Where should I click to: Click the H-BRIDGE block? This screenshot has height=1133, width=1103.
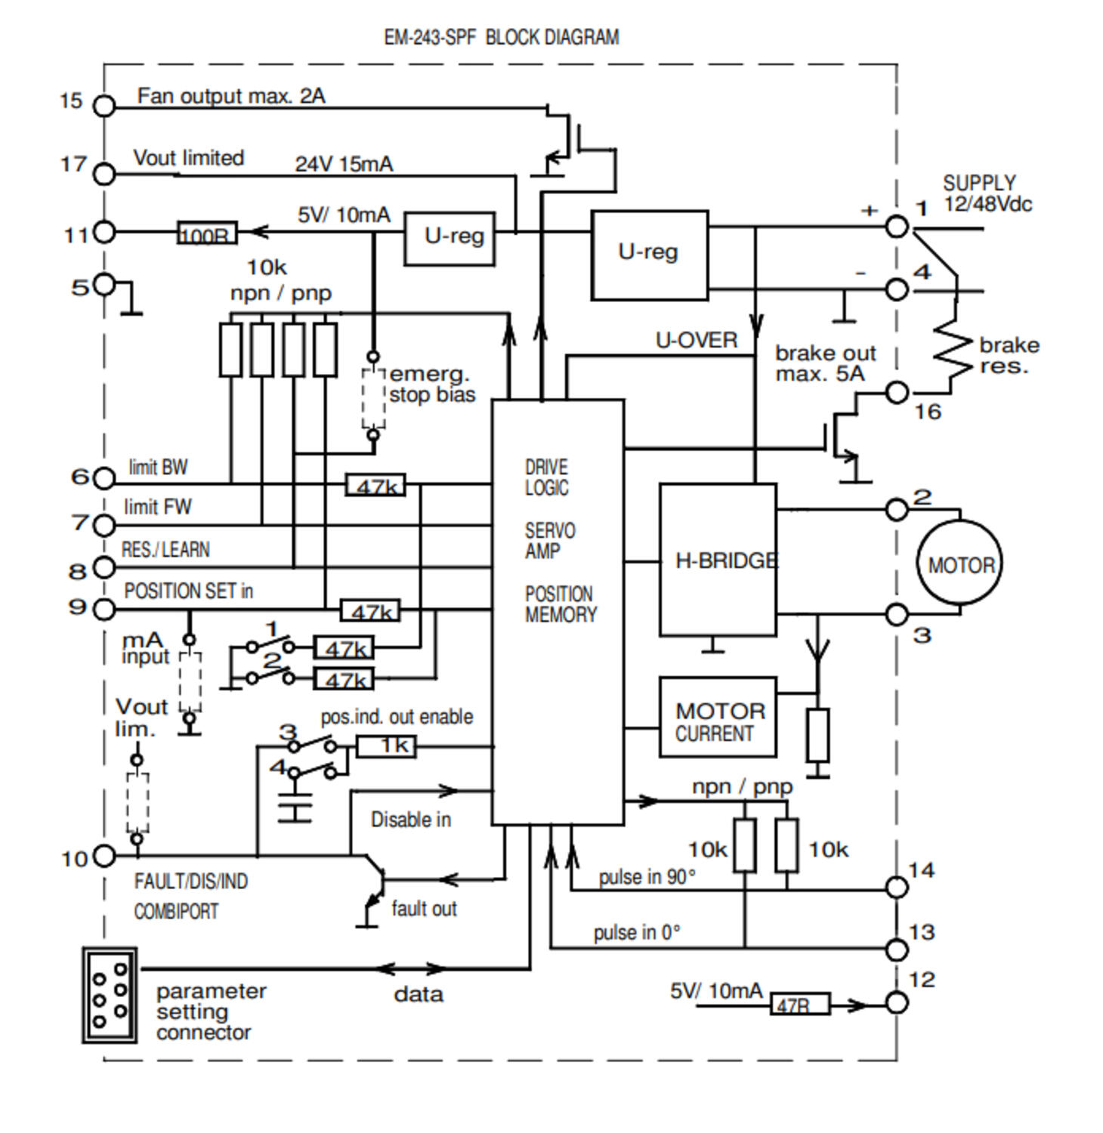[718, 560]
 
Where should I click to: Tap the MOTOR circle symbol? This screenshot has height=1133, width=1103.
[959, 563]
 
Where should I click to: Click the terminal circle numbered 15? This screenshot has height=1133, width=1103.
[104, 106]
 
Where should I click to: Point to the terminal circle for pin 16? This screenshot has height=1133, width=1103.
[897, 392]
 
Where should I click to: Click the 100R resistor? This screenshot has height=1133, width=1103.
[207, 233]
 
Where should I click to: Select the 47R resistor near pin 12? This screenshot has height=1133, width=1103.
[799, 1005]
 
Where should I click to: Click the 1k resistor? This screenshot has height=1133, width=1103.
[385, 746]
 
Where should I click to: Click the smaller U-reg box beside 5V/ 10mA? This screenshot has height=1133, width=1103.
[450, 238]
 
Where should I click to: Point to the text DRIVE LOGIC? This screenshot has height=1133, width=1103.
[546, 477]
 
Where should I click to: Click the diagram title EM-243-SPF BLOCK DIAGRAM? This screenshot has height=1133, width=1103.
[502, 37]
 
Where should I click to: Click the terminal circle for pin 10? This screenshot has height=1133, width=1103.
[104, 856]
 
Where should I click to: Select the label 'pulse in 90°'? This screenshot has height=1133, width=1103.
[647, 877]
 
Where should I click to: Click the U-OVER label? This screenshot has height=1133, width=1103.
[696, 341]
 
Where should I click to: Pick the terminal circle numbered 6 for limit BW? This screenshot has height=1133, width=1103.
[104, 477]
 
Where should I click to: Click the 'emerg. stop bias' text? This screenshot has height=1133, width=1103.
[431, 384]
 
